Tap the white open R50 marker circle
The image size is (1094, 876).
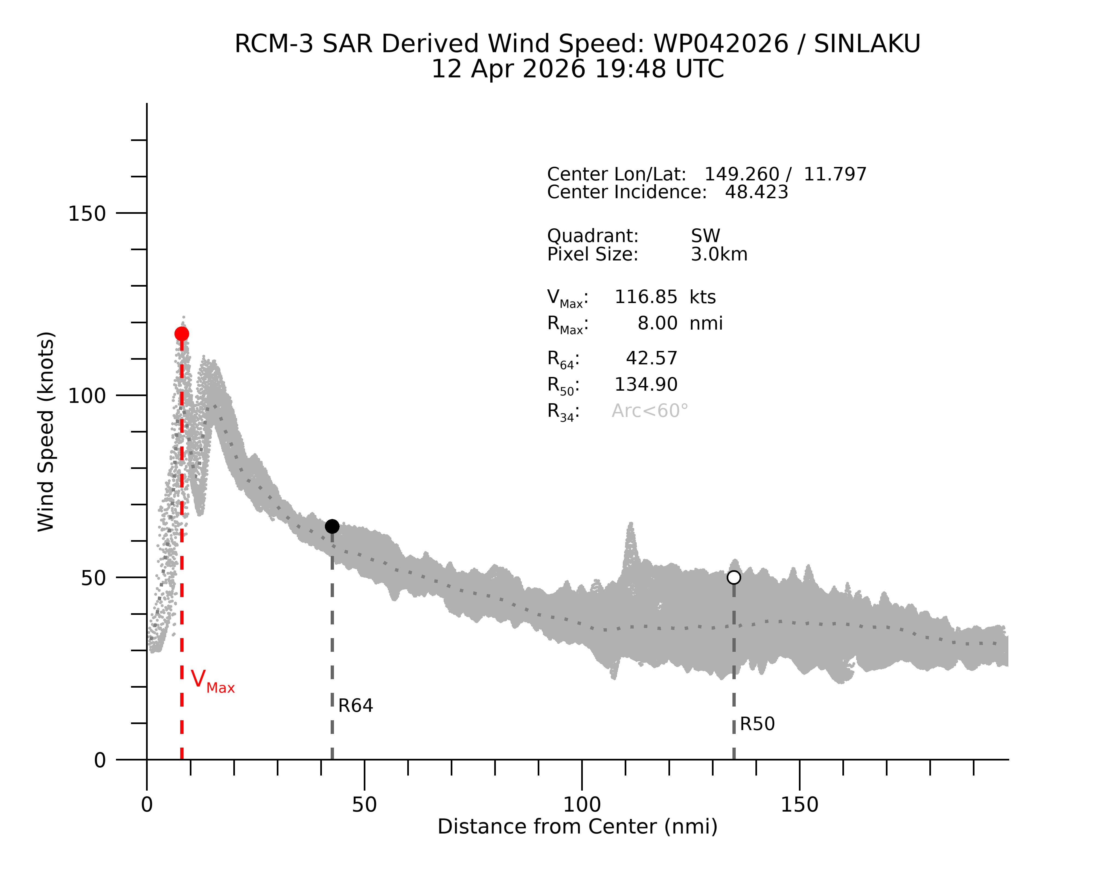point(734,577)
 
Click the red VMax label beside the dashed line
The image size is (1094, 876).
point(212,681)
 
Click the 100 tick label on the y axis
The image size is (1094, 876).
point(87,396)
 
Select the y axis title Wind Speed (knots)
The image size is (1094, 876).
point(46,432)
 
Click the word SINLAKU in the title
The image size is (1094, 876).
point(867,44)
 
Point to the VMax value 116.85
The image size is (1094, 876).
point(646,297)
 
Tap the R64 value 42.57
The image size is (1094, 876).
point(651,359)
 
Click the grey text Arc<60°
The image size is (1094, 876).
point(650,411)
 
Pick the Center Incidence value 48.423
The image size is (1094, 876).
point(757,192)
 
